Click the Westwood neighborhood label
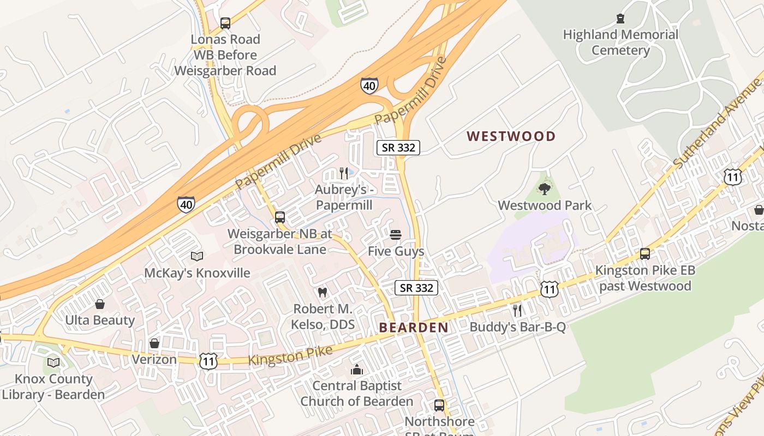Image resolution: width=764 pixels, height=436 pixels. (x=511, y=136)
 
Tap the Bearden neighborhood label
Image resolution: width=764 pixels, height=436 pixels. (x=413, y=328)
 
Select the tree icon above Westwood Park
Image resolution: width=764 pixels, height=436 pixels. (x=544, y=189)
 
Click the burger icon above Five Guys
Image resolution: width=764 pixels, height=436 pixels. (x=396, y=235)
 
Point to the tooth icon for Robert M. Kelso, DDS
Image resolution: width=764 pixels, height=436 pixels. (x=322, y=293)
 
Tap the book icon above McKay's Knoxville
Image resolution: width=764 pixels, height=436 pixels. (x=197, y=256)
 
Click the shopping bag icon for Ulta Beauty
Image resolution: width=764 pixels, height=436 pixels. (x=100, y=304)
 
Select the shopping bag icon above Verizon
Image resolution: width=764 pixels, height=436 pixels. (x=154, y=343)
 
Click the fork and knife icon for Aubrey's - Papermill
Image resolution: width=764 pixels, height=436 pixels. (x=343, y=173)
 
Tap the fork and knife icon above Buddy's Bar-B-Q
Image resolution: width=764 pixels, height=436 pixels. (x=517, y=311)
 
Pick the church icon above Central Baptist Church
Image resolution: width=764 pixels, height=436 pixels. (x=357, y=370)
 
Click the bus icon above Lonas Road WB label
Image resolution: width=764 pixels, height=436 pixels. (x=225, y=23)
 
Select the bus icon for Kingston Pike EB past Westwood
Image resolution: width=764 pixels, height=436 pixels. (x=645, y=254)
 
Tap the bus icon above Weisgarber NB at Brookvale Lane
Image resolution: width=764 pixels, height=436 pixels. (x=279, y=217)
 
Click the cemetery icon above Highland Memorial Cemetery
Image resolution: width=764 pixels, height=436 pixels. (x=620, y=19)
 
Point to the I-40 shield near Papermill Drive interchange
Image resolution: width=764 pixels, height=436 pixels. (x=369, y=86)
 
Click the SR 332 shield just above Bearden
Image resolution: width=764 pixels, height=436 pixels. (x=416, y=288)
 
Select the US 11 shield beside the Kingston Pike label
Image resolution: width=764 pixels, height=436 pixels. (x=208, y=361)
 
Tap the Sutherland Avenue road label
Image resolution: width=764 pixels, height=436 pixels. (x=717, y=124)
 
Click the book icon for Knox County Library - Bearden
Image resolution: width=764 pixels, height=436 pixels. (x=53, y=362)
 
